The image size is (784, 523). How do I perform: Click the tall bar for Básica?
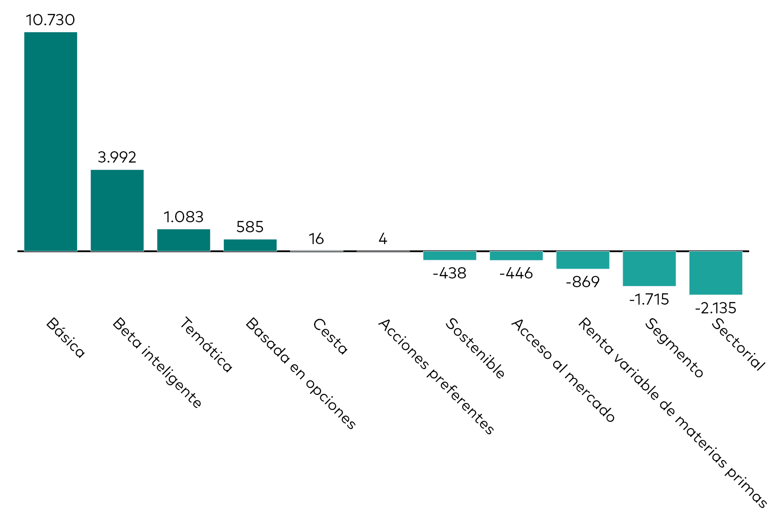(x=51, y=142)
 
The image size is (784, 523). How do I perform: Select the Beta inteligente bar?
(x=117, y=211)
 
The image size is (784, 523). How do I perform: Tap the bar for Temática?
(x=183, y=240)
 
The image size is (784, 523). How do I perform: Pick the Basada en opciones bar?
(x=250, y=245)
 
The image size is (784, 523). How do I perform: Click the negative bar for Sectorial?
(x=716, y=273)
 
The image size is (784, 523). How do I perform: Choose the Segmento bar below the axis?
(x=649, y=268)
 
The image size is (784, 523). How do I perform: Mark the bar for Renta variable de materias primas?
(x=583, y=260)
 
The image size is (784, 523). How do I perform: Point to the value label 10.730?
(x=51, y=20)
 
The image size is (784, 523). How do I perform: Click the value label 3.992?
(x=117, y=157)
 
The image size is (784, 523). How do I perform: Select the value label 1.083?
(x=183, y=217)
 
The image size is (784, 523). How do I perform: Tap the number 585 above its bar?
(x=250, y=227)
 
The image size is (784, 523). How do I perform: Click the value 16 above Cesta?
(x=316, y=239)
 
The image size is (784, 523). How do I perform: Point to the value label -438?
(x=449, y=273)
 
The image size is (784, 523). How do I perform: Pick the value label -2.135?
(x=716, y=308)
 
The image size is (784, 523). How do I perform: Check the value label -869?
(x=583, y=282)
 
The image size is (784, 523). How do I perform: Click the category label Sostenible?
(x=475, y=348)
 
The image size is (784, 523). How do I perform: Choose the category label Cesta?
(x=330, y=336)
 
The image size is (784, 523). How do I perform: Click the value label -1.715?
(x=649, y=299)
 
